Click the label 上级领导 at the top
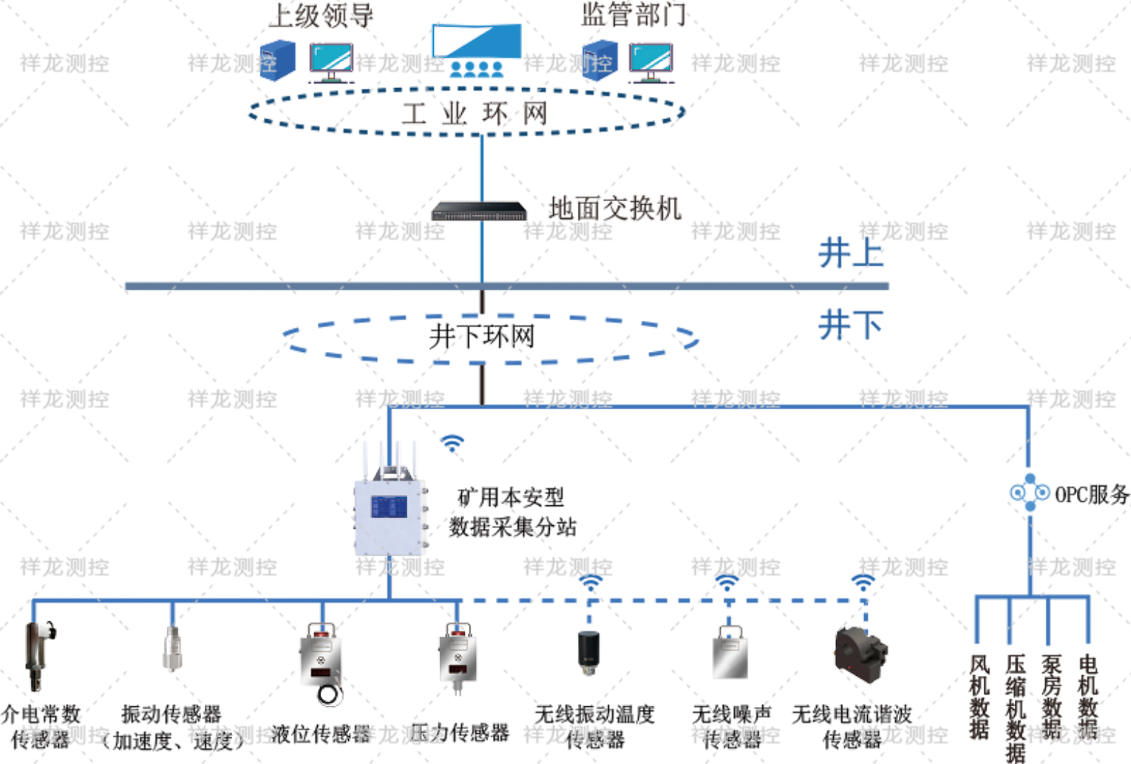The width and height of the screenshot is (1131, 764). click(x=322, y=15)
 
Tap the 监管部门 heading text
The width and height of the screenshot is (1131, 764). click(x=634, y=13)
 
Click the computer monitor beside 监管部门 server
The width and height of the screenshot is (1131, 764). click(x=651, y=61)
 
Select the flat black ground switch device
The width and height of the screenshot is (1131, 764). click(x=479, y=211)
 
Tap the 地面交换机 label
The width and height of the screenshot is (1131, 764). click(x=615, y=209)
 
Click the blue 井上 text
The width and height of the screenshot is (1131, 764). click(x=850, y=254)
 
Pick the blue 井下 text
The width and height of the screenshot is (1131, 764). click(x=850, y=325)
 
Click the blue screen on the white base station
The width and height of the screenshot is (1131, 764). click(x=389, y=507)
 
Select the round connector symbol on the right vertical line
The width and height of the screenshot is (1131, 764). click(x=1029, y=492)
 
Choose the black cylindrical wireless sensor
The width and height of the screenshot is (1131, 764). click(x=588, y=651)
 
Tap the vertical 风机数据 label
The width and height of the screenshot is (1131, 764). click(x=979, y=695)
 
